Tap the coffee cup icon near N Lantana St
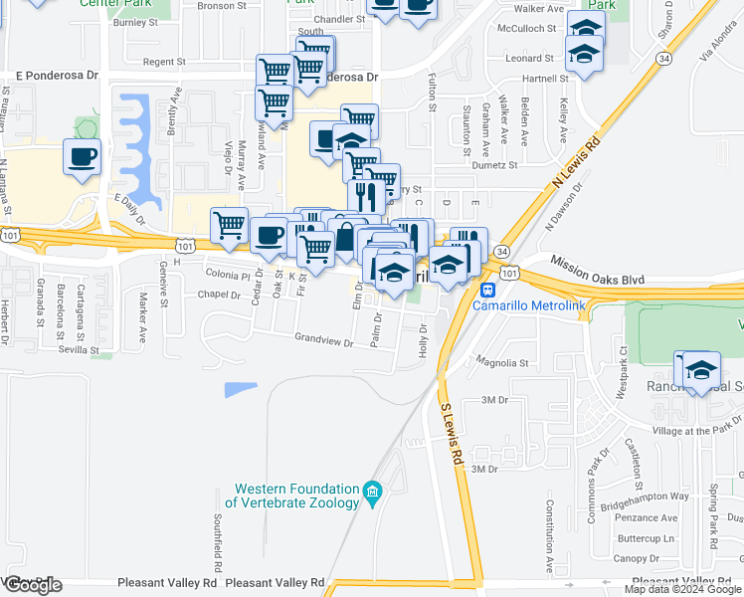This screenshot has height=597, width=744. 82,156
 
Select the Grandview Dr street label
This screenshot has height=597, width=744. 324,341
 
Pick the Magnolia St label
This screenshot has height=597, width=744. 502,363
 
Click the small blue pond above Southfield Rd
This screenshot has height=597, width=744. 241,389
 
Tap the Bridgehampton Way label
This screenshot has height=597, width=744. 651,496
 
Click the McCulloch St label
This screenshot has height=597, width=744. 528,29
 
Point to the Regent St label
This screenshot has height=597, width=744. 165,62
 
